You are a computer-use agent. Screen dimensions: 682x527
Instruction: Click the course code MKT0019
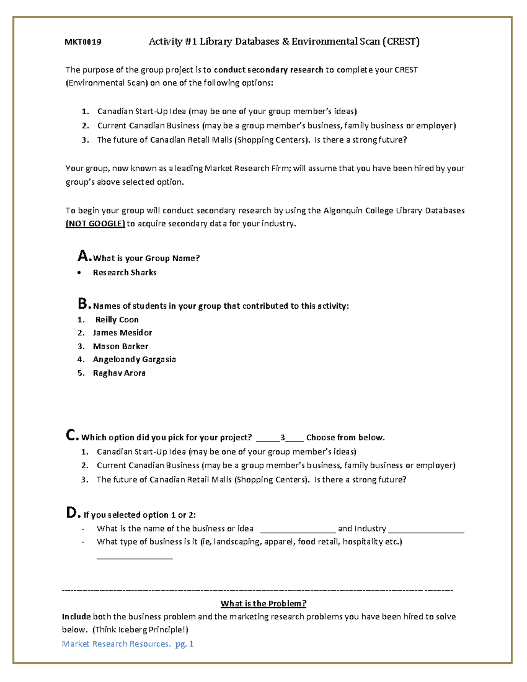[83, 42]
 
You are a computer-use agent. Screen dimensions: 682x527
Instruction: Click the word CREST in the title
[401, 42]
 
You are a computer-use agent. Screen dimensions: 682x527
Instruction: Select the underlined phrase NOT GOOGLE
[95, 224]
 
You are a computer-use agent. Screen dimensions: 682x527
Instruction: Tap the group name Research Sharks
[125, 273]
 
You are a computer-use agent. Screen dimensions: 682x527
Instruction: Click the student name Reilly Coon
[117, 320]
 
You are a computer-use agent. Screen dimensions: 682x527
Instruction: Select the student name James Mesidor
[123, 333]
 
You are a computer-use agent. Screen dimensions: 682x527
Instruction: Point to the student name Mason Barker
[121, 346]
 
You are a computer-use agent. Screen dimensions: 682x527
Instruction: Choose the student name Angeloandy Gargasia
[134, 360]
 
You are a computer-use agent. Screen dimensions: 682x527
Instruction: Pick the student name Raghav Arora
[119, 373]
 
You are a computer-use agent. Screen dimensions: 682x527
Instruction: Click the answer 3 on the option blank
[283, 437]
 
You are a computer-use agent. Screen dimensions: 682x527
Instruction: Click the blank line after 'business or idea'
[298, 530]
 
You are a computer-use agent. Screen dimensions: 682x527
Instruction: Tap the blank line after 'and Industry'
[426, 530]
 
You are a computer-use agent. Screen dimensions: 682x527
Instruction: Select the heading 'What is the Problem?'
[263, 604]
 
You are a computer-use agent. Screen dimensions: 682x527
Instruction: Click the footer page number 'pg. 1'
[184, 644]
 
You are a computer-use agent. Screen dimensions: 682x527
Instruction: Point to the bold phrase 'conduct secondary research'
[268, 70]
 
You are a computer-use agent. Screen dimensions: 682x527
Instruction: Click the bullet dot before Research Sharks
[79, 273]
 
